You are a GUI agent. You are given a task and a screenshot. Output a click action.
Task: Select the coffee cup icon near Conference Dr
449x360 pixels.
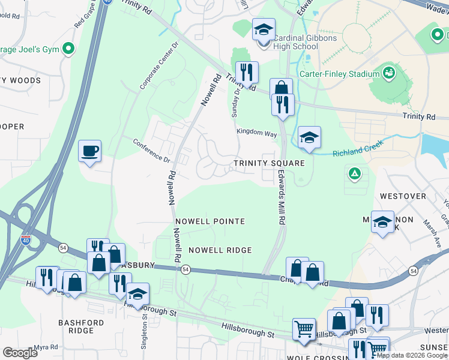click(90, 151)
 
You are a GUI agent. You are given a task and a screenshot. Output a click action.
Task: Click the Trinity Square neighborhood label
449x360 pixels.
click(270, 163)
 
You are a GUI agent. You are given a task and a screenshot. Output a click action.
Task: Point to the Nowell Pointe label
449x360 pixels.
click(210, 221)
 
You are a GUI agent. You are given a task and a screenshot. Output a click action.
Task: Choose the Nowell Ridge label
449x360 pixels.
click(220, 250)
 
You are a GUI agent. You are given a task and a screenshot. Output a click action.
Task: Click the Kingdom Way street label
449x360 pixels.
click(256, 131)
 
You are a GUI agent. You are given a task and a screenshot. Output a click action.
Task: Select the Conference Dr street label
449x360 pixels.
click(151, 151)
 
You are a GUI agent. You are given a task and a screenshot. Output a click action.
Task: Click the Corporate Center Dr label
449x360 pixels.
click(152, 67)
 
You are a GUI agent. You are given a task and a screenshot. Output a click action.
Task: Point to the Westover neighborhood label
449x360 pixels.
click(402, 196)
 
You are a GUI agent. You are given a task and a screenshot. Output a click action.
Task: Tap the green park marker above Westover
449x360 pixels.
click(355, 174)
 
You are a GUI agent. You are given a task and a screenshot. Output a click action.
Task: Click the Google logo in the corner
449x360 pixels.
click(20, 352)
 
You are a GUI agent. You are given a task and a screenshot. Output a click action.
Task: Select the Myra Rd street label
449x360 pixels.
click(46, 347)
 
